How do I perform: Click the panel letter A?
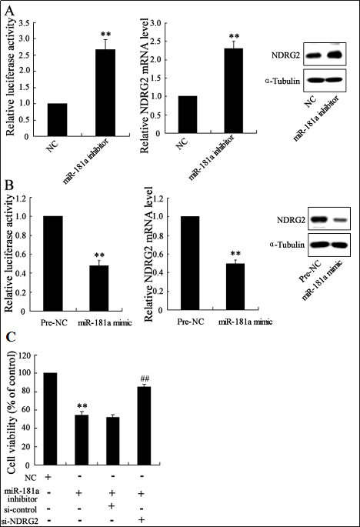tap(10, 11)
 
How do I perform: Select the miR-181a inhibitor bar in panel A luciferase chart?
tap(105, 93)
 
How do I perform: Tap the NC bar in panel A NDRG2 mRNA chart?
tap(188, 115)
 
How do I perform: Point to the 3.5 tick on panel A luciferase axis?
tap(25, 23)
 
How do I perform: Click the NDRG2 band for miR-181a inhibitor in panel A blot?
tap(335, 54)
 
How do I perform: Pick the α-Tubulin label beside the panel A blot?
tap(282, 81)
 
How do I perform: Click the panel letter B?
tap(9, 185)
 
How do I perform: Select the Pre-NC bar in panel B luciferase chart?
tap(53, 263)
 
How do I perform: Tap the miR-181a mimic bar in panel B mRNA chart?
tap(235, 287)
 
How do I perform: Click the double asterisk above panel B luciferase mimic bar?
tap(99, 255)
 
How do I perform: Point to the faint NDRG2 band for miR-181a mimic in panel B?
tap(339, 220)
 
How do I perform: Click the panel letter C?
tap(11, 337)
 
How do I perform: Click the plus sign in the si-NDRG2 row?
tap(142, 519)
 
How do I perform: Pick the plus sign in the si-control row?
tap(112, 506)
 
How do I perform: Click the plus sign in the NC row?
tap(48, 476)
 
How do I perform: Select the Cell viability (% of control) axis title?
tap(12, 412)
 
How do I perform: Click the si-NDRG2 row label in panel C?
tap(22, 521)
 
